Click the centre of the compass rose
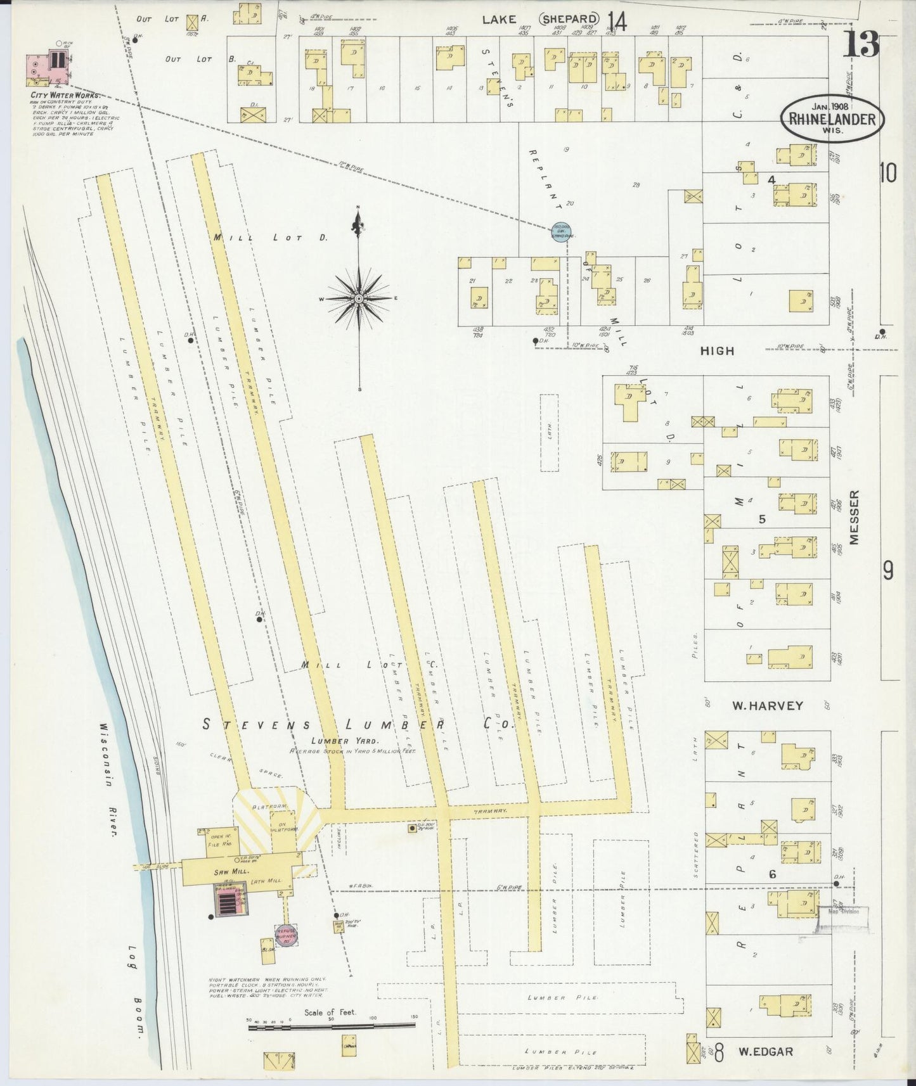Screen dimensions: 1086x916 (359, 298)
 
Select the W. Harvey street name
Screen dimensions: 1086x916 (768, 705)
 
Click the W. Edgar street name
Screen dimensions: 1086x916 (765, 1052)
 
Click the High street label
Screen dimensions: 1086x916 (717, 350)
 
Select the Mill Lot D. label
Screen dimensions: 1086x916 (270, 238)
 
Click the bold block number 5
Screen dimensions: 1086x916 (762, 519)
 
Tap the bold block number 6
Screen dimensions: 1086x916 (772, 874)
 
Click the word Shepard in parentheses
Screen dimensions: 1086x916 (569, 20)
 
